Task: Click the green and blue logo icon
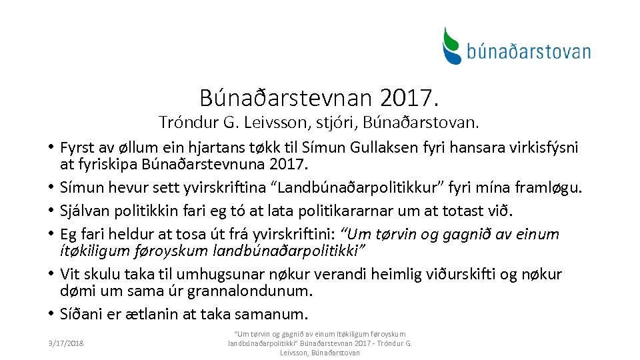[452, 45]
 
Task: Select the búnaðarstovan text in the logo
[529, 51]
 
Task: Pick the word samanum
[274, 313]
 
